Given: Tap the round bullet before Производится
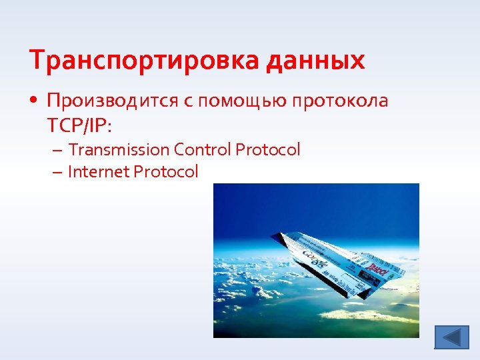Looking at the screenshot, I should click(x=34, y=101).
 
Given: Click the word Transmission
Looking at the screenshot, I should click(x=119, y=149).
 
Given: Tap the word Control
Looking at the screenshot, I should click(x=203, y=149).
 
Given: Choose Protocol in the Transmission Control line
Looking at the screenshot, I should click(x=267, y=149).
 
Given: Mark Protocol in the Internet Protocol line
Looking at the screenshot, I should click(x=166, y=172).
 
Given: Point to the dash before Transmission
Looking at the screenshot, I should click(x=59, y=149).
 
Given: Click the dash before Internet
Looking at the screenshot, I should click(x=59, y=172).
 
